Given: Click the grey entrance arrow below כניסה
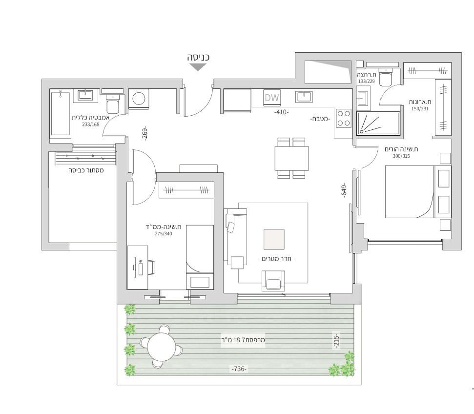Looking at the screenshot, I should click(198, 67).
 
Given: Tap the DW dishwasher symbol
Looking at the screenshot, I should click(271, 98).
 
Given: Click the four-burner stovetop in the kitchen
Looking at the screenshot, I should click(344, 118).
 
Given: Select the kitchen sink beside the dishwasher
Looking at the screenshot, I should click(304, 97).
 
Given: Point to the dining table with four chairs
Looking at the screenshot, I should click(291, 158).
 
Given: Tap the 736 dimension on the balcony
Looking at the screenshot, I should click(239, 369).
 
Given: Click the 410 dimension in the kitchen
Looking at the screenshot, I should click(281, 112).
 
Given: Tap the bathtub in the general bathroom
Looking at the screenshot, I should click(61, 113).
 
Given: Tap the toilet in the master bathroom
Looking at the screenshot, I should click(386, 78).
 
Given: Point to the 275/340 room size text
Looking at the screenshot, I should click(164, 233).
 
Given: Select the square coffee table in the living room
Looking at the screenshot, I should click(273, 239).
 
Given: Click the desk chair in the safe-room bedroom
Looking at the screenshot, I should click(151, 267).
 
